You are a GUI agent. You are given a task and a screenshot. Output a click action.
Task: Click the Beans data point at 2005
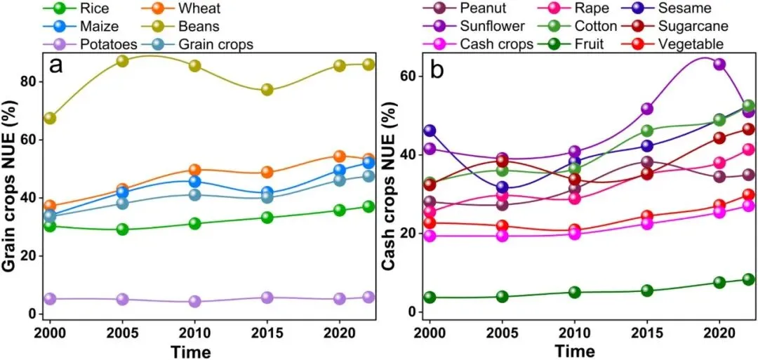coord(122,61)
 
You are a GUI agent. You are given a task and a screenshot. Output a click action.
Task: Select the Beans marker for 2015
coord(267,90)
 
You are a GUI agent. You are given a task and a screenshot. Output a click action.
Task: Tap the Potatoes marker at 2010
coord(194,302)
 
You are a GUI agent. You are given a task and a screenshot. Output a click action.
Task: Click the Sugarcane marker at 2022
coord(748,129)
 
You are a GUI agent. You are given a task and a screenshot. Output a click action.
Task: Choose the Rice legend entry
coord(77,9)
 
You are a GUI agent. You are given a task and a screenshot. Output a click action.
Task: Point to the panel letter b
coord(438,69)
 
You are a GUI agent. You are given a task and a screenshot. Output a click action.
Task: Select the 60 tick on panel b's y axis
coord(407,76)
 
